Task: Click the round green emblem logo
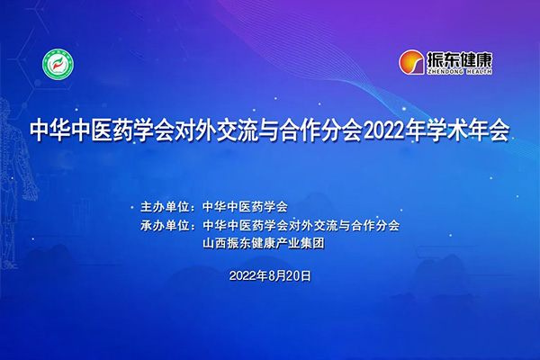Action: (x=58, y=64)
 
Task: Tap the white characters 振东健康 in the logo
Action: (x=461, y=58)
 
